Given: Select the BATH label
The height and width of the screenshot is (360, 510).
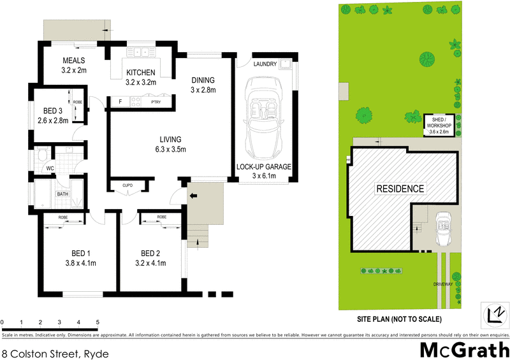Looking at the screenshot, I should pos(62,194).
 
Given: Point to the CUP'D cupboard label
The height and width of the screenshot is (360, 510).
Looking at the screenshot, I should pos(127,185).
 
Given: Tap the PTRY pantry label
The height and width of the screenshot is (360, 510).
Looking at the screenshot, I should pos(156,102).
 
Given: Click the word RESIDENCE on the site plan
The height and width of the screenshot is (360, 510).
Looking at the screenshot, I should pos(400,189).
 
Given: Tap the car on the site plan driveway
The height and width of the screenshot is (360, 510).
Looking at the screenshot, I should pos(442,229).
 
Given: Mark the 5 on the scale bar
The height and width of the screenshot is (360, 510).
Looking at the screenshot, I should pos(98,322).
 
